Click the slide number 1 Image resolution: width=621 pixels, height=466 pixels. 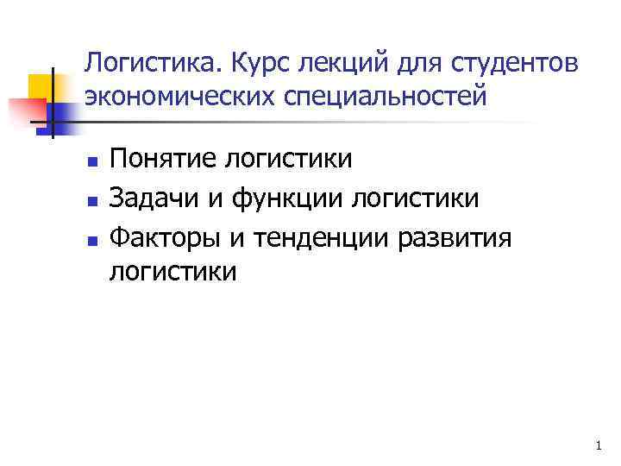click(598, 446)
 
